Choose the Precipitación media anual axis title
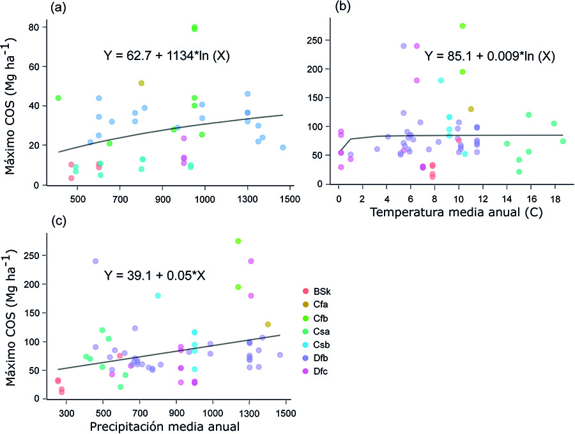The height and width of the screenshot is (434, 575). [x=164, y=426]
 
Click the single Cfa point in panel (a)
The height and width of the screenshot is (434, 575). [x=142, y=83]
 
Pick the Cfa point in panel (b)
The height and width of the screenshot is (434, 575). [x=471, y=109]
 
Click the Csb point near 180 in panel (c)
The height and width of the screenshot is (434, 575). [x=158, y=296]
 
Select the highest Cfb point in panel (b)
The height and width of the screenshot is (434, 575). [x=463, y=26]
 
